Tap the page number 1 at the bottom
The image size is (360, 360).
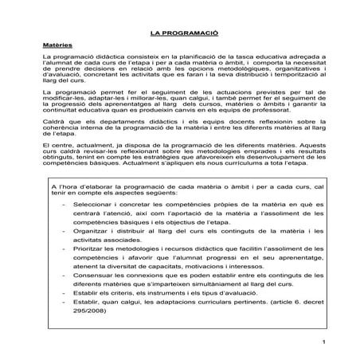[325, 342]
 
